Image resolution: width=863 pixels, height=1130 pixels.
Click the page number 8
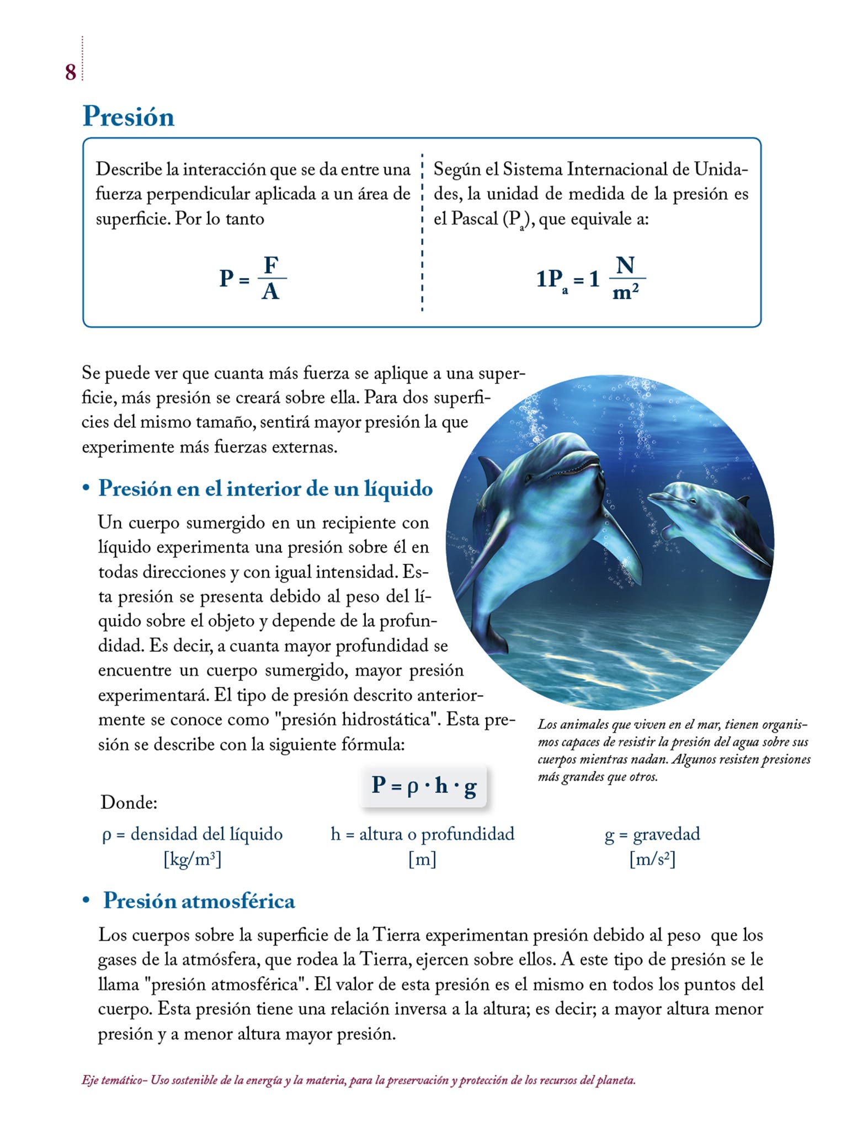click(70, 72)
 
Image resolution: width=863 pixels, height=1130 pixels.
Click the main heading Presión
click(128, 116)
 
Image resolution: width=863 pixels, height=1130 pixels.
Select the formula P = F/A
click(253, 278)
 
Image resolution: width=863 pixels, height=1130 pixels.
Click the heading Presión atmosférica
click(199, 901)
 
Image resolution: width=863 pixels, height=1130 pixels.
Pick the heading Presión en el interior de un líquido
click(265, 489)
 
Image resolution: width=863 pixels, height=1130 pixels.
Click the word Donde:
click(129, 802)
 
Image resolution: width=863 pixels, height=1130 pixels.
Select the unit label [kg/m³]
click(192, 859)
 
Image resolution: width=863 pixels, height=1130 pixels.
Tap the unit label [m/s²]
click(652, 859)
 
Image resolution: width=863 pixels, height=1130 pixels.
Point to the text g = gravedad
click(652, 834)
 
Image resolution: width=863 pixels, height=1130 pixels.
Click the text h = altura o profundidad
click(422, 834)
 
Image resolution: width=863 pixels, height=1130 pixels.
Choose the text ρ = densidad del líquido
click(192, 834)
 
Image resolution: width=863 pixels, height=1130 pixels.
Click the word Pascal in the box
click(475, 219)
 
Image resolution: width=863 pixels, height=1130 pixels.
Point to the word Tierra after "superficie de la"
click(396, 935)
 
